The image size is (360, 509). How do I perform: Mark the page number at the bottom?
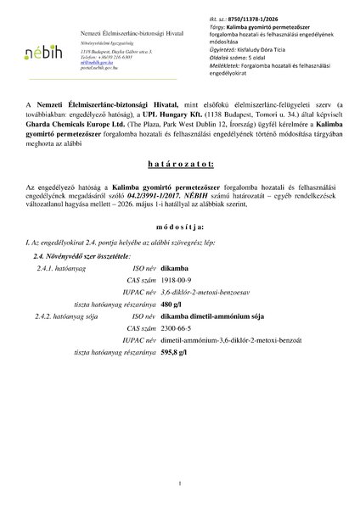180,484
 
